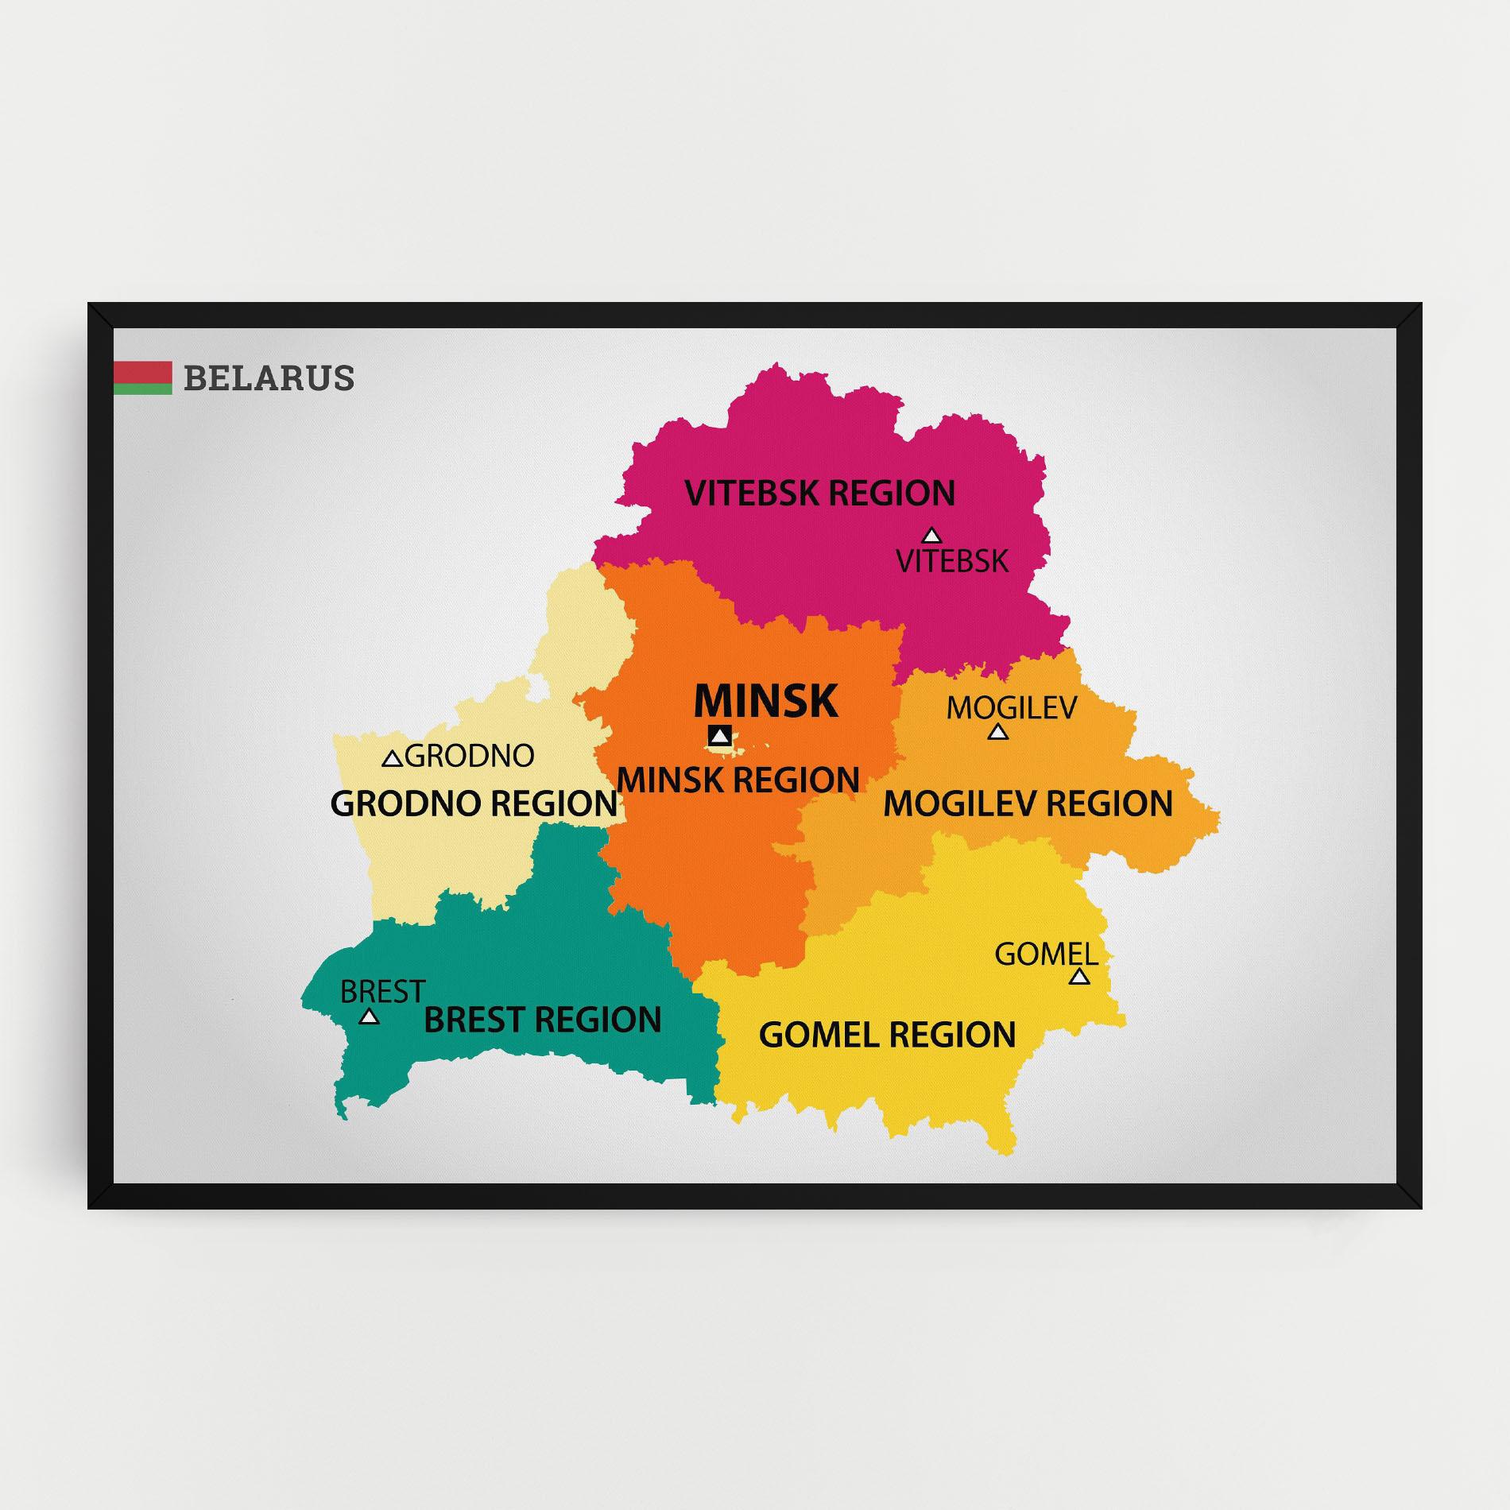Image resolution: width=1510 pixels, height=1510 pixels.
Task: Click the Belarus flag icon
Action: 143,378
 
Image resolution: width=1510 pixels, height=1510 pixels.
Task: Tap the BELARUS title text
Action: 269,378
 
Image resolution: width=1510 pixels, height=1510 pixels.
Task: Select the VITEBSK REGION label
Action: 819,493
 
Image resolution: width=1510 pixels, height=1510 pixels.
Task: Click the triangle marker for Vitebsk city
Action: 931,536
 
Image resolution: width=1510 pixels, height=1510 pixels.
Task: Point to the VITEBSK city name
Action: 952,561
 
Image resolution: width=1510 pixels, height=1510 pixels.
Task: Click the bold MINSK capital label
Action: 766,701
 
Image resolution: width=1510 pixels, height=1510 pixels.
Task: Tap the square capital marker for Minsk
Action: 720,736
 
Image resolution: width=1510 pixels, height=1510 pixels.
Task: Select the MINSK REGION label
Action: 738,780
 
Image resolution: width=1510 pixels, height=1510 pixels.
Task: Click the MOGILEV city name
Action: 1011,707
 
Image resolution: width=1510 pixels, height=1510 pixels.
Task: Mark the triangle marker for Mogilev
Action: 998,732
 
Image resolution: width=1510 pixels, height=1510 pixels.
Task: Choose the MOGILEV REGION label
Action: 1028,803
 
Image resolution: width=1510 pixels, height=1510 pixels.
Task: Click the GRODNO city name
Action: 470,756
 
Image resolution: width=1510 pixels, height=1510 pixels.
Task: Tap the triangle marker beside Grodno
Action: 392,759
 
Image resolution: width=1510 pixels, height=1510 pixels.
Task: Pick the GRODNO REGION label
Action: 474,803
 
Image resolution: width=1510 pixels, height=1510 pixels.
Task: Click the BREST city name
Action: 382,991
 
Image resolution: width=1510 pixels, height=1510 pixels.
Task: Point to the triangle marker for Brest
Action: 369,1016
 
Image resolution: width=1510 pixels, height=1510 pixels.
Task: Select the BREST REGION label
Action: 542,1020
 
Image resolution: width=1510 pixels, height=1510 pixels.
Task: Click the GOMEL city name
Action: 1046,954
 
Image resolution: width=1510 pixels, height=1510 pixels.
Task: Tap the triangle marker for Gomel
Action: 1079,977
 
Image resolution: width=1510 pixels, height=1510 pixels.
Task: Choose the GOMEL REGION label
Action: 887,1035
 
